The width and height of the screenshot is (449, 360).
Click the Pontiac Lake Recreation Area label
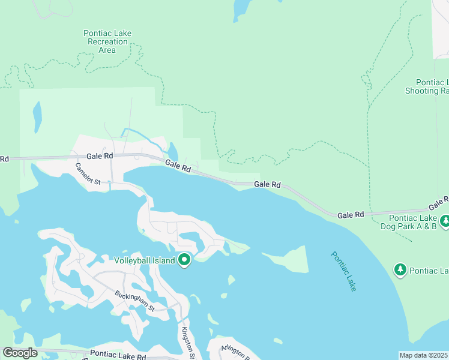pos(107,41)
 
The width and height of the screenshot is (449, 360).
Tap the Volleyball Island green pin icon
pos(185,260)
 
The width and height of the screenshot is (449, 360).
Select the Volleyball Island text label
pos(145,260)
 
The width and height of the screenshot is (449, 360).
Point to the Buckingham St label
pos(135,301)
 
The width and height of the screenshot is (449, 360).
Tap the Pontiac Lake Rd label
pos(118,355)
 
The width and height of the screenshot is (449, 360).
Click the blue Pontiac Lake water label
pos(343,271)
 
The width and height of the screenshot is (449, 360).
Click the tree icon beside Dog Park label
pos(444,222)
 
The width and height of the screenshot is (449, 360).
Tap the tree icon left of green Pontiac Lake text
pos(400,270)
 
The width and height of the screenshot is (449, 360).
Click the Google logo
pos(19,352)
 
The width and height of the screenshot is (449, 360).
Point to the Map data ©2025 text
pos(423,355)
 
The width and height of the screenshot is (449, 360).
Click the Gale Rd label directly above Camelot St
pos(100,156)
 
